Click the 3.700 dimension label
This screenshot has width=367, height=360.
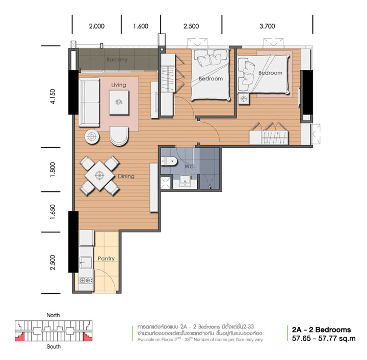tap(267, 26)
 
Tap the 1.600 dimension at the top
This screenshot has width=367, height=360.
tap(141, 26)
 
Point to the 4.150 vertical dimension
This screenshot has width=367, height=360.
tap(53, 97)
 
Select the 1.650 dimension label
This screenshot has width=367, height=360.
tap(53, 212)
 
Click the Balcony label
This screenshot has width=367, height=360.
tap(117, 60)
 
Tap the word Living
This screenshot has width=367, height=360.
tap(118, 85)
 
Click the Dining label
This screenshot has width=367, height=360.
tap(126, 176)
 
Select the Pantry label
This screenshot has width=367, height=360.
tap(106, 258)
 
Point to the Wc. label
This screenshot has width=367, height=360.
tap(189, 167)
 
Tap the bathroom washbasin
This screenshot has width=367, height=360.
tap(185, 181)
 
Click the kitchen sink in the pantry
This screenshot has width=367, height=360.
tap(86, 263)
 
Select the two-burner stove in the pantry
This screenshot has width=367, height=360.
tap(86, 280)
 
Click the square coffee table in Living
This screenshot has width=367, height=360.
tap(119, 102)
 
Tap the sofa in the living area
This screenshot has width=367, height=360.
tap(89, 102)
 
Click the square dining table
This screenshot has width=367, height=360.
tap(100, 175)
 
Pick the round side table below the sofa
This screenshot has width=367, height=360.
tap(92, 136)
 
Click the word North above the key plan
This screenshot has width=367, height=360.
tap(53, 315)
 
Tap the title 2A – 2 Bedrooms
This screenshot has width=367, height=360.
tap(321, 329)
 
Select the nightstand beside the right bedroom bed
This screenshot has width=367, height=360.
tap(244, 99)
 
